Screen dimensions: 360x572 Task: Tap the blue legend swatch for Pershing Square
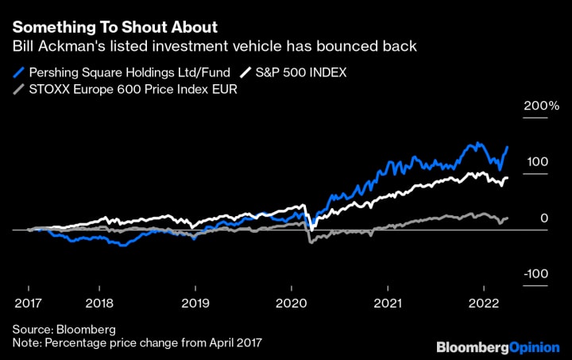point(18,72)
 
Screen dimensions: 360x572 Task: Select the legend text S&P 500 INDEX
point(301,72)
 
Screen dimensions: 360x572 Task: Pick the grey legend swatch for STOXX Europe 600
point(18,89)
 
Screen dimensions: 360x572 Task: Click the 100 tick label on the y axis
point(537,162)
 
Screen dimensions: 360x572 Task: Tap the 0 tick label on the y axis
point(543,218)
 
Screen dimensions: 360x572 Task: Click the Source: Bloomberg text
point(64,329)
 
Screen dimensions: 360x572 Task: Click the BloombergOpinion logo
point(497,347)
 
